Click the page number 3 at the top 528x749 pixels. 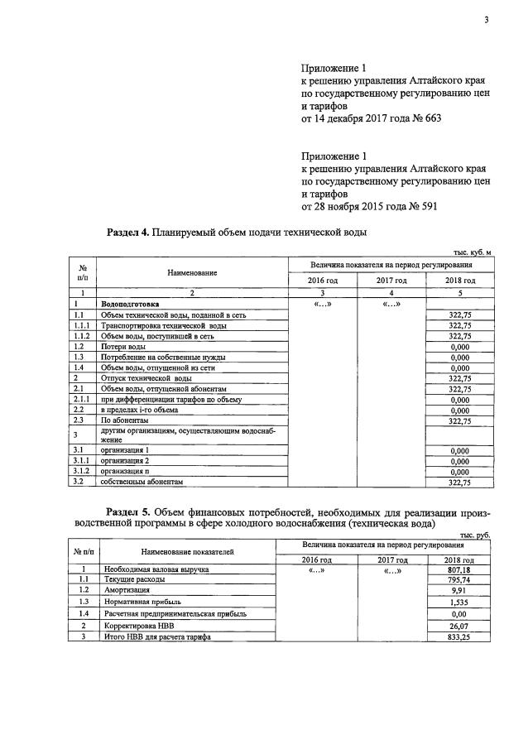[487, 21]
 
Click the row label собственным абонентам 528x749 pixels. [140, 482]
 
